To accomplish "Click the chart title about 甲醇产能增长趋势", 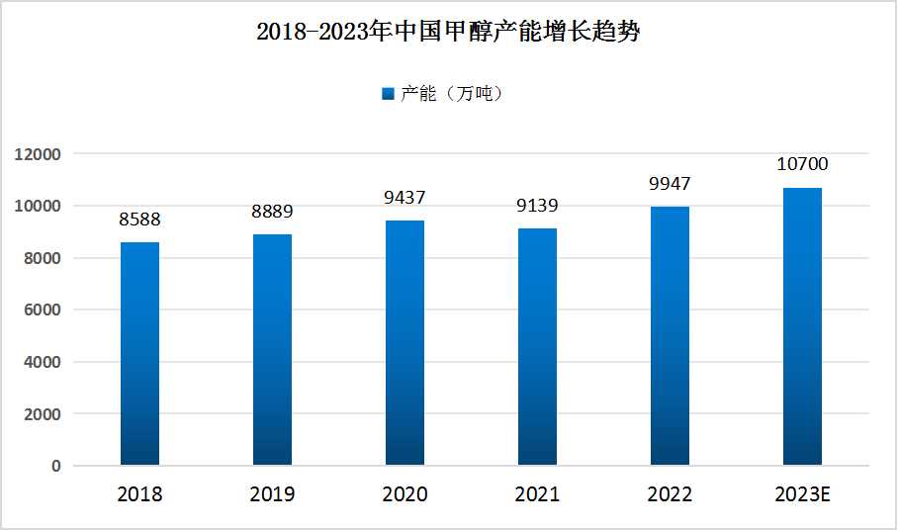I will pyautogui.click(x=449, y=33).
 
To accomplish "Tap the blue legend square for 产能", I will pyautogui.click(x=388, y=94).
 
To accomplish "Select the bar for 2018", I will pyautogui.click(x=139, y=353).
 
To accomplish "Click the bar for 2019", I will pyautogui.click(x=272, y=349).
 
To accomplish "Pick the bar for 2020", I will pyautogui.click(x=404, y=342).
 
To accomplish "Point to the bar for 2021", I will pyautogui.click(x=537, y=346).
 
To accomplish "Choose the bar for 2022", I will pyautogui.click(x=670, y=335).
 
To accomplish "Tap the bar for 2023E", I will pyautogui.click(x=802, y=326).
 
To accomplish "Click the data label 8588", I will pyautogui.click(x=139, y=220).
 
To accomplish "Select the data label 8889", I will pyautogui.click(x=272, y=212).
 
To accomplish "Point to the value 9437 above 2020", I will pyautogui.click(x=404, y=198).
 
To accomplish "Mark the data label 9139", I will pyautogui.click(x=537, y=206).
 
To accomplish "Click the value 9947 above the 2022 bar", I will pyautogui.click(x=670, y=184).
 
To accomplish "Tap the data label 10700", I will pyautogui.click(x=802, y=164).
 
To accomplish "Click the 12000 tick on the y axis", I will pyautogui.click(x=38, y=154).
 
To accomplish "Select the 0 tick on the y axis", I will pyautogui.click(x=56, y=466).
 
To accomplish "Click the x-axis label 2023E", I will pyautogui.click(x=802, y=494).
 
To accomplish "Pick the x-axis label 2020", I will pyautogui.click(x=404, y=494).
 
